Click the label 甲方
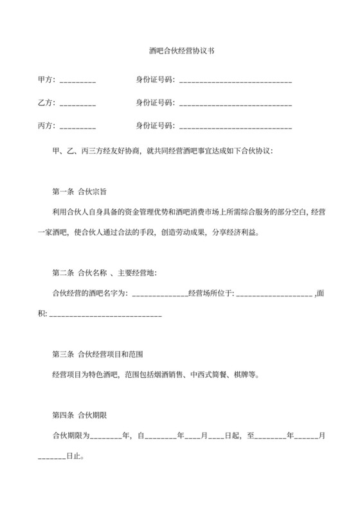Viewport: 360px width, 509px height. coord(46,80)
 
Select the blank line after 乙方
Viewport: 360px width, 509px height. coord(78,103)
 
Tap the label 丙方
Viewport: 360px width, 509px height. coord(46,125)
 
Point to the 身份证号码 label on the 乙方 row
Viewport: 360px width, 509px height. coord(154,103)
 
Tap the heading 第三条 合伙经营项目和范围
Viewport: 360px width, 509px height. coord(97,354)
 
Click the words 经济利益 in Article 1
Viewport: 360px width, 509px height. coord(242,232)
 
